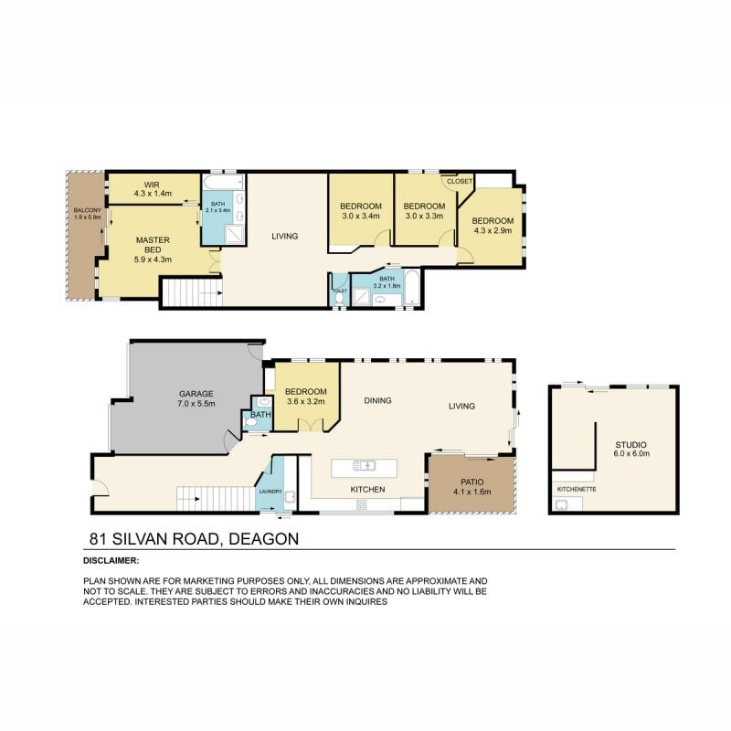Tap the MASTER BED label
(154, 249)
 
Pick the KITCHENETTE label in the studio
(576, 488)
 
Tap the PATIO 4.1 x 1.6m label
(471, 486)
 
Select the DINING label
(377, 400)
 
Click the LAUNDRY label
(270, 492)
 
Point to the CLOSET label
(460, 181)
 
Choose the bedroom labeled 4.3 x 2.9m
(493, 227)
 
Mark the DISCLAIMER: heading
(111, 560)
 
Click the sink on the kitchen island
(365, 465)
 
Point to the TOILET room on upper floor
(339, 291)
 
